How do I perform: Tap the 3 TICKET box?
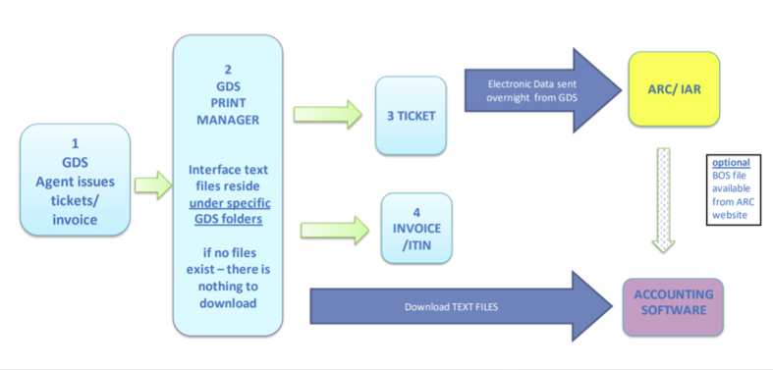pyautogui.click(x=411, y=115)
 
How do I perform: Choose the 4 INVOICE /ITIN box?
pyautogui.click(x=416, y=228)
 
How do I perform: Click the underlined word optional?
pyautogui.click(x=732, y=162)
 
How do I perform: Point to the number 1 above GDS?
pyautogui.click(x=75, y=143)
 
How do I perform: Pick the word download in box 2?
pyautogui.click(x=227, y=303)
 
